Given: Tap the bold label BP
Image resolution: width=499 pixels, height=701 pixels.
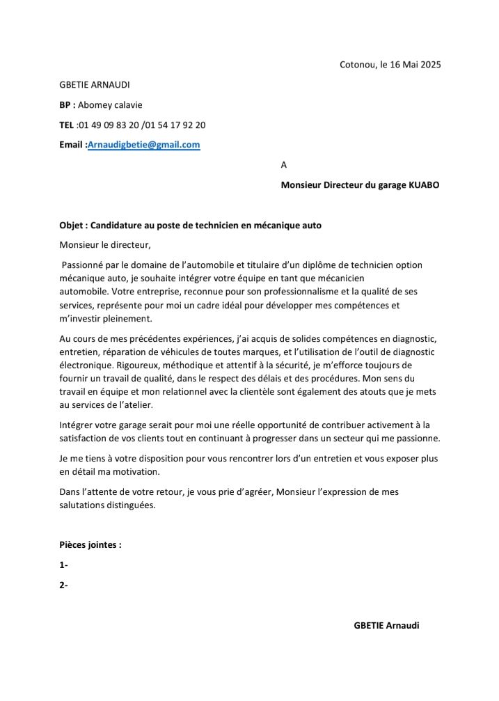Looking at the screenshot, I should [x=66, y=105].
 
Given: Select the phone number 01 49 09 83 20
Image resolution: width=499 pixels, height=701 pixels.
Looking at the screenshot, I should [x=109, y=125].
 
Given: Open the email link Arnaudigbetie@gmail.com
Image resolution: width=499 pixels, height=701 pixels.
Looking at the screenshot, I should [x=144, y=145].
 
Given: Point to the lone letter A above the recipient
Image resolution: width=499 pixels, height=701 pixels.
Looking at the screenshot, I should [x=283, y=165].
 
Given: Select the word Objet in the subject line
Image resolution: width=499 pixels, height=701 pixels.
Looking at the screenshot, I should [x=72, y=225].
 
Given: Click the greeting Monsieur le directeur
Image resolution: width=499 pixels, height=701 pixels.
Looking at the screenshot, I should [x=105, y=245].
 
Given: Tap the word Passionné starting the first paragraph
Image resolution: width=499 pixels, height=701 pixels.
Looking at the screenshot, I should [x=84, y=265].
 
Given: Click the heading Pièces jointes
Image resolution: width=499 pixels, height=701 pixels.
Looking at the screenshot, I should [x=90, y=545].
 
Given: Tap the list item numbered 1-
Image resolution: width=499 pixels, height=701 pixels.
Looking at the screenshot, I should [x=64, y=565].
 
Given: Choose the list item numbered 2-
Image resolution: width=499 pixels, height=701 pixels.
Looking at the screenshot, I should [x=64, y=585].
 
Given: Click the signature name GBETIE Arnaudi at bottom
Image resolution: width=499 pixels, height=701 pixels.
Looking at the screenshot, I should [x=386, y=625].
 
